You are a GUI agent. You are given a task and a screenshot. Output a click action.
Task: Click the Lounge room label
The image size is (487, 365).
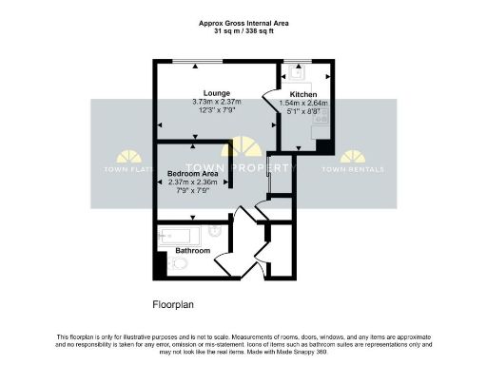coord(204,92)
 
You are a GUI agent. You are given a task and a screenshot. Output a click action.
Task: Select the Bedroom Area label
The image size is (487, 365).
coord(193,174)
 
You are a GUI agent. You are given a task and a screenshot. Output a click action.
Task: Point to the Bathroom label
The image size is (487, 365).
coord(192,251)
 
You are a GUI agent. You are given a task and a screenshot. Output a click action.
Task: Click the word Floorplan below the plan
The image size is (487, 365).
coord(176,305)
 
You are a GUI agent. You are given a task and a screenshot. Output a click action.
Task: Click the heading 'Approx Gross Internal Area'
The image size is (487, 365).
coord(243,23)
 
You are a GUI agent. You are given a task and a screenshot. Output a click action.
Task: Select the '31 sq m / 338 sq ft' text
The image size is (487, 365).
coord(243,31)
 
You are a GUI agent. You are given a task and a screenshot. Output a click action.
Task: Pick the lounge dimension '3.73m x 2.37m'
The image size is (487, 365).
coord(204,102)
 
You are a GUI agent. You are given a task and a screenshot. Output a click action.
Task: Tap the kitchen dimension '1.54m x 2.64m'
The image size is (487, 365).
coord(302,105)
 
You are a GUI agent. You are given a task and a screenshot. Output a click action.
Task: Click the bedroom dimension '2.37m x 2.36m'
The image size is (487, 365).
coord(193,182)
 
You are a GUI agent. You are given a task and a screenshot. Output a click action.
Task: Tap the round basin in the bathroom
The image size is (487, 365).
coord(216,230)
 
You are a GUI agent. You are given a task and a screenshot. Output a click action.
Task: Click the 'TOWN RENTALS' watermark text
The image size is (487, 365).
coord(353,169)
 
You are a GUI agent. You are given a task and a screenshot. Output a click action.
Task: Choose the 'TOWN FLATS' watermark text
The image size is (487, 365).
coord(126,169)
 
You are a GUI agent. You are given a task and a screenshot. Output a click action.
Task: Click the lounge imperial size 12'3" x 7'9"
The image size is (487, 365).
coord(204,110)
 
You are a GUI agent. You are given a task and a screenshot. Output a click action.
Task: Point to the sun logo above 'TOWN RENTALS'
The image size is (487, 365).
coord(353,156)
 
